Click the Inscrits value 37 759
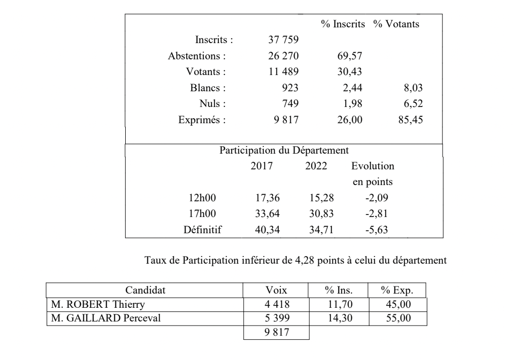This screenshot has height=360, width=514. [x=283, y=39]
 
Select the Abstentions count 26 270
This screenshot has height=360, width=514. [x=283, y=55]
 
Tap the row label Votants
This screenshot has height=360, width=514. [x=206, y=71]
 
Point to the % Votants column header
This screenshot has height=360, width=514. [x=396, y=24]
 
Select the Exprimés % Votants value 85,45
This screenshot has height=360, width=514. [x=410, y=121]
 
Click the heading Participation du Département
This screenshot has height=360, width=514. [x=284, y=151]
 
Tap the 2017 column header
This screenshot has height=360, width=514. [x=262, y=166]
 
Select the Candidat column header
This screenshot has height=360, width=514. [x=145, y=291]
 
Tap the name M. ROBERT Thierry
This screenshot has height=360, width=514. [x=98, y=305]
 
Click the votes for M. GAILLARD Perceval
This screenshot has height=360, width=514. [x=276, y=318]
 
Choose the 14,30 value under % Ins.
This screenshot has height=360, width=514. [x=339, y=318]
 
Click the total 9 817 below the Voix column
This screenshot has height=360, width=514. [x=276, y=333]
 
